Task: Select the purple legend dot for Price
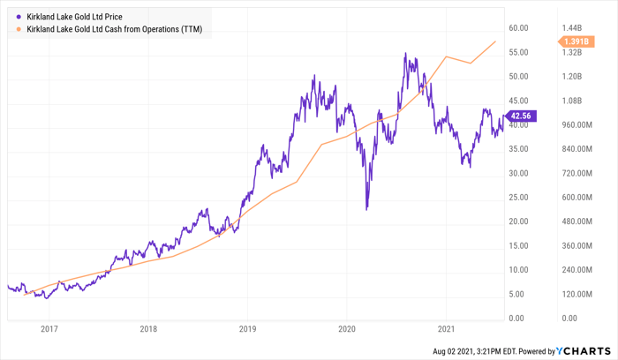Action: [19, 16]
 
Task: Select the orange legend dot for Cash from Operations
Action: [19, 30]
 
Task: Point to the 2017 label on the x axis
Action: [49, 328]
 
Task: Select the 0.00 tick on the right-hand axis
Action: [569, 319]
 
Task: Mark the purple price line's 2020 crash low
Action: [366, 209]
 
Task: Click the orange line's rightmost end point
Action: [495, 41]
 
